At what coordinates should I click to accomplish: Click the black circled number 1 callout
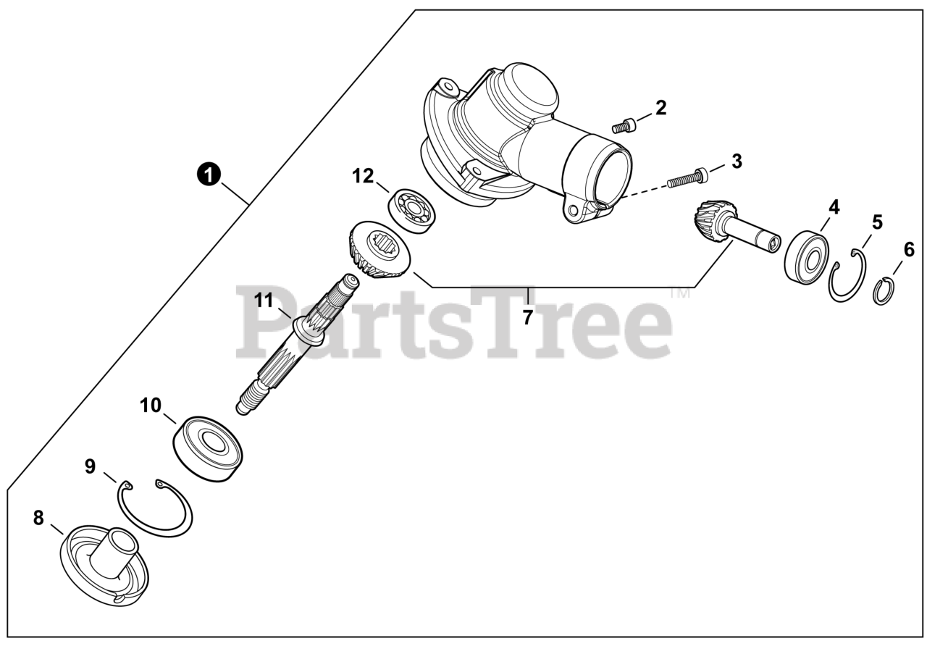(x=209, y=175)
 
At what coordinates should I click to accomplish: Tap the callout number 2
(x=661, y=108)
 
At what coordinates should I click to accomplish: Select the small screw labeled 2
(x=624, y=125)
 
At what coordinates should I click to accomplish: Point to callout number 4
(x=834, y=207)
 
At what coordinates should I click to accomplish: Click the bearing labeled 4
(x=807, y=258)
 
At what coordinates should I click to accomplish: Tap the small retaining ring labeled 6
(x=885, y=292)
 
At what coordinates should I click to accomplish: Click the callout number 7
(x=527, y=317)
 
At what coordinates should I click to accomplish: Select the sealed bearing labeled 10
(x=207, y=448)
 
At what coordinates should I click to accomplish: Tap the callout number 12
(x=363, y=176)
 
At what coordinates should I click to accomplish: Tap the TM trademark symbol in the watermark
(x=679, y=293)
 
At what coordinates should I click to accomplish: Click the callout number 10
(x=150, y=405)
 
